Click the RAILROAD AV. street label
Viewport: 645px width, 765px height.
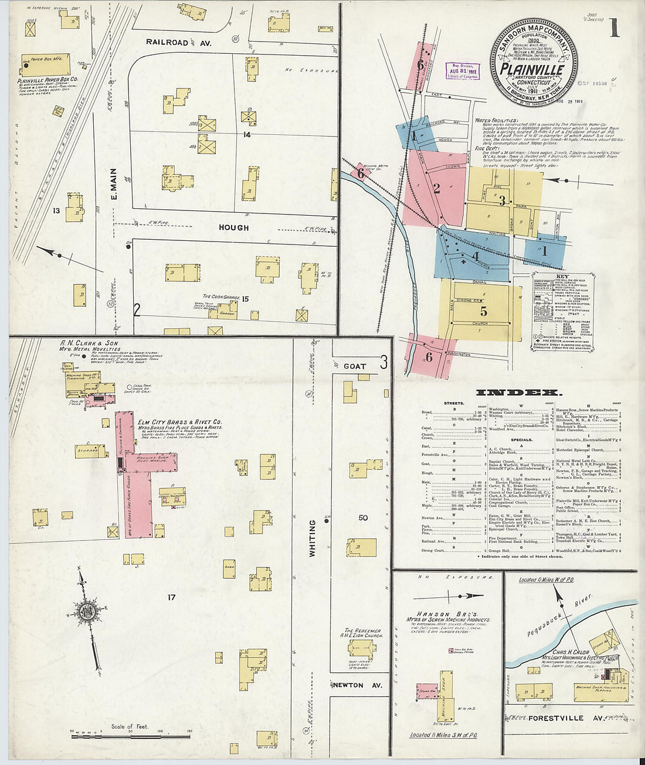pos(178,43)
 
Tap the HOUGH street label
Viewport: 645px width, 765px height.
pos(234,227)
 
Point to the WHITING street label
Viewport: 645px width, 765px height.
pos(313,538)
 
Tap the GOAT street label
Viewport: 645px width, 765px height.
pos(355,366)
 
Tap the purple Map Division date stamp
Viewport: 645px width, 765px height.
pos(463,71)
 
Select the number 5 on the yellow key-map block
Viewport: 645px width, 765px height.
pos(484,312)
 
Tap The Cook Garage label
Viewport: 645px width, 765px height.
pos(222,297)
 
